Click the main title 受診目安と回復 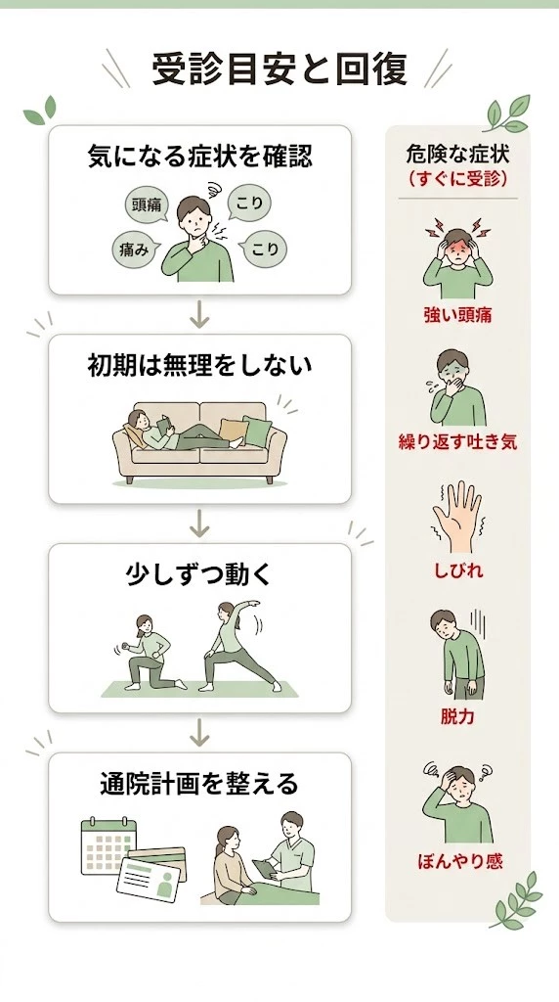click(x=279, y=70)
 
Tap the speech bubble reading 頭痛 click(x=149, y=207)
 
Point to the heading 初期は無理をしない click(x=199, y=366)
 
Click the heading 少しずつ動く click(x=199, y=574)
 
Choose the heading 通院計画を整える click(x=199, y=784)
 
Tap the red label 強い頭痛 click(x=457, y=315)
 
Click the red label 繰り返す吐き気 click(x=457, y=442)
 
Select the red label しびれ click(x=457, y=569)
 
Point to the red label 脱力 click(x=457, y=716)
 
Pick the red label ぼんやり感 click(x=457, y=863)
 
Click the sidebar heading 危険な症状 click(x=457, y=154)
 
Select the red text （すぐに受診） click(x=457, y=179)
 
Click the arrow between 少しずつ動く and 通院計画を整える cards click(x=199, y=731)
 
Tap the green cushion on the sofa click(x=256, y=431)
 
